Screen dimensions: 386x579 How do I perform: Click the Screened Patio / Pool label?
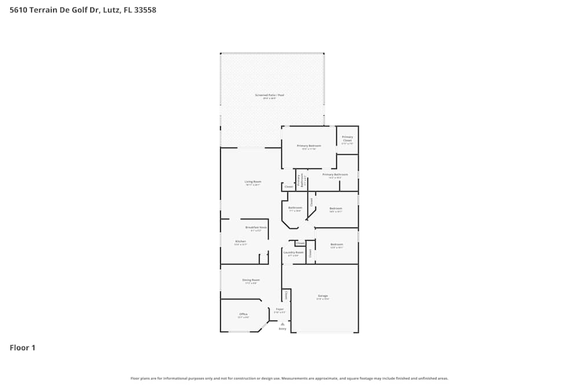(x=269, y=95)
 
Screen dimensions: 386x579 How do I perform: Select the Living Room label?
(x=253, y=182)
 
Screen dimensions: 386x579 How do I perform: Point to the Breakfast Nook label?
(x=256, y=227)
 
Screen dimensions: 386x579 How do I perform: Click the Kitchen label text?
(x=240, y=241)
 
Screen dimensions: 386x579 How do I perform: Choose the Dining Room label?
(x=251, y=280)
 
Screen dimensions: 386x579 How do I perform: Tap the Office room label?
(x=243, y=314)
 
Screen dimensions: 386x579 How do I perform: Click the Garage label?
(x=323, y=296)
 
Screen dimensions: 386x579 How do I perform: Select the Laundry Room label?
(x=293, y=252)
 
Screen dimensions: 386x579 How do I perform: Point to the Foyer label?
(x=280, y=310)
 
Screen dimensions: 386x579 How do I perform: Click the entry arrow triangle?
(x=282, y=323)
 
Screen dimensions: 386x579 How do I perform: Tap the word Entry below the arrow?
(x=283, y=329)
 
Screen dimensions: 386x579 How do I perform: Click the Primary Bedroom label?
(x=309, y=146)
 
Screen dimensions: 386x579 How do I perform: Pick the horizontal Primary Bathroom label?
(x=335, y=174)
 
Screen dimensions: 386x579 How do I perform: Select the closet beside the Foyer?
(x=286, y=295)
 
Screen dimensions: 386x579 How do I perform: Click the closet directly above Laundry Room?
(x=300, y=244)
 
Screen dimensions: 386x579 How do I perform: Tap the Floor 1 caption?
(x=23, y=348)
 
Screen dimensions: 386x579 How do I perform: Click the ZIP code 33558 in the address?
(x=145, y=10)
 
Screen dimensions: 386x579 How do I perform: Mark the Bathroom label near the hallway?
(x=295, y=208)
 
